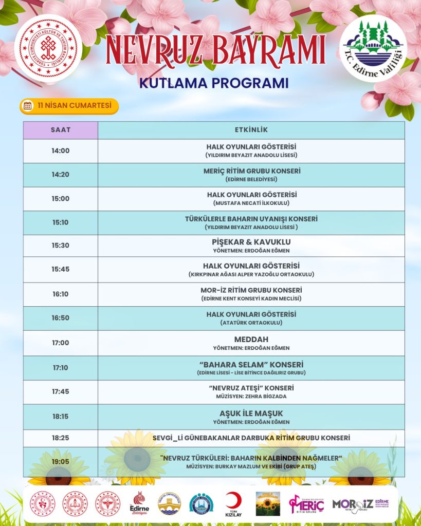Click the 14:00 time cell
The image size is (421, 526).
(x=60, y=151)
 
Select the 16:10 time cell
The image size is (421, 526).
(x=60, y=294)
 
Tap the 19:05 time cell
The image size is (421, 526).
(x=60, y=462)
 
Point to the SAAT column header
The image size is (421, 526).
(x=60, y=130)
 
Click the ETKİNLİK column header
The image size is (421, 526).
(x=251, y=130)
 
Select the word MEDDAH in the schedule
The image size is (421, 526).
(x=251, y=340)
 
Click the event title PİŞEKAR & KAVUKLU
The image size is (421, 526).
(x=251, y=241)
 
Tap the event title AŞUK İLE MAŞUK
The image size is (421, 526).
(x=251, y=413)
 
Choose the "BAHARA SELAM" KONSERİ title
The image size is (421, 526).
(x=251, y=364)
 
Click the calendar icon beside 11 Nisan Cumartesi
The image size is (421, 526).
(x=28, y=106)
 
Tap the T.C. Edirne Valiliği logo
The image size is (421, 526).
(x=373, y=48)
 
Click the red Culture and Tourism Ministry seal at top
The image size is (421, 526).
(x=48, y=48)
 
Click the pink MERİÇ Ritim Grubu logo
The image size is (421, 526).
(x=306, y=504)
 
